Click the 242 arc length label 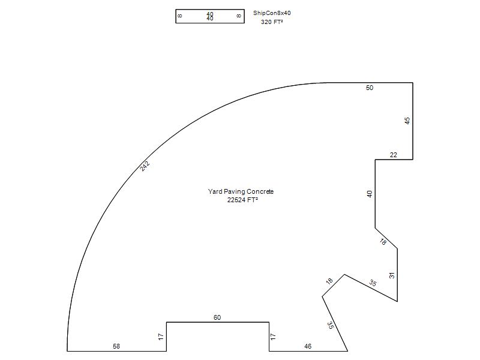point(145,166)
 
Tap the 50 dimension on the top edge point(370,88)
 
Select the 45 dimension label point(407,121)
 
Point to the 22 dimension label point(394,155)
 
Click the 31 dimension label point(392,275)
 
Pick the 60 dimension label point(217,317)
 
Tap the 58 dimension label point(116,346)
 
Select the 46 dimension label point(308,346)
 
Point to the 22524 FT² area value point(242,200)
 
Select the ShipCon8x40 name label point(272,13)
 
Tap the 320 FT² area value point(272,22)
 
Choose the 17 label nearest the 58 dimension point(161,337)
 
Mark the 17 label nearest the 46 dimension point(273,337)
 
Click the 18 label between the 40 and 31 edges point(383,242)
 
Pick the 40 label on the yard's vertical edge point(370,194)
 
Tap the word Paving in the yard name point(234,191)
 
